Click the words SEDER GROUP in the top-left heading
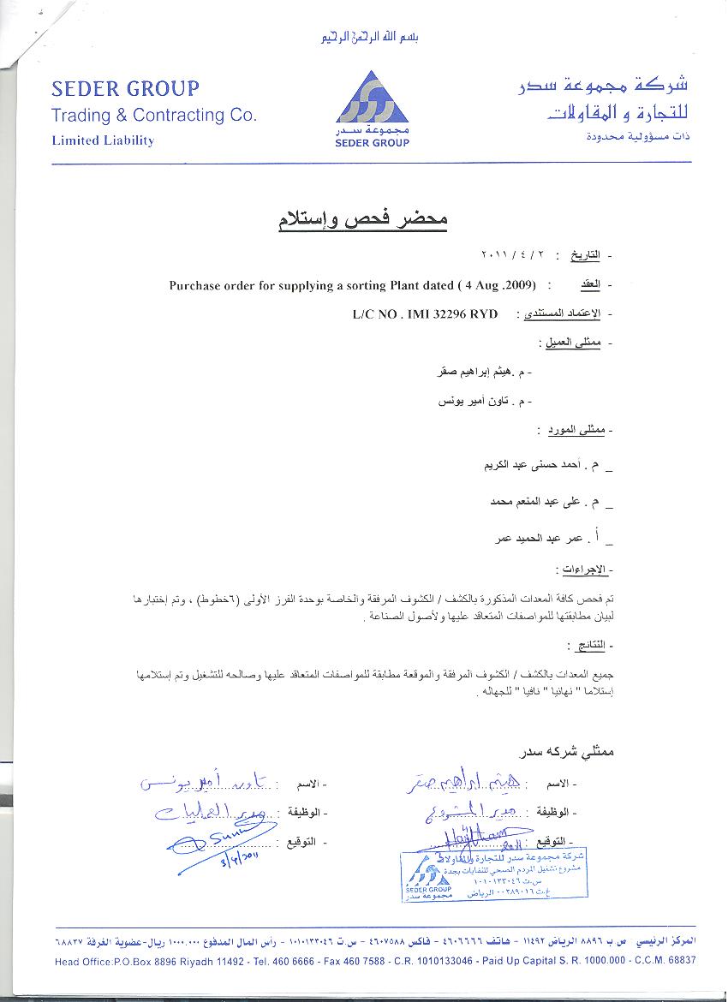click(125, 88)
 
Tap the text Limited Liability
click(103, 140)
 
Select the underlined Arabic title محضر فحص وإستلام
click(362, 219)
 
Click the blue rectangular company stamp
click(494, 874)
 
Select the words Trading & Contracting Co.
click(154, 116)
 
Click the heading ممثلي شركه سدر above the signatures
click(568, 752)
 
